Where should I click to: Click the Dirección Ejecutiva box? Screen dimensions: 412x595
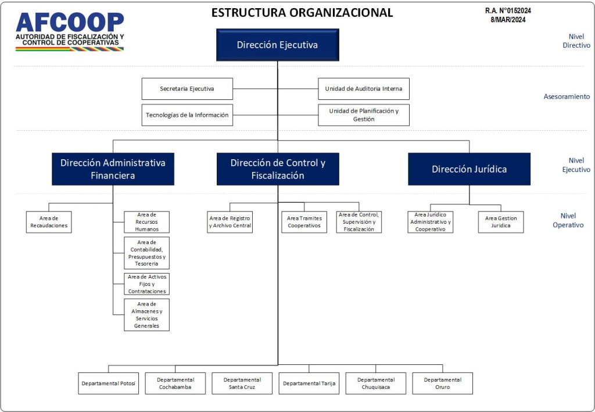277,45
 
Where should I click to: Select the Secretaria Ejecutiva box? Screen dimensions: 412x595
187,89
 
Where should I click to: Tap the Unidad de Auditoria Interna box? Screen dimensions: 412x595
364,89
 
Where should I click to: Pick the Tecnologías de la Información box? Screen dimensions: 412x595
187,115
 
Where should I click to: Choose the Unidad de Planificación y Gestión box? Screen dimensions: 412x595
364,115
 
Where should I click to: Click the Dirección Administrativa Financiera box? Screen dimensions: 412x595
113,169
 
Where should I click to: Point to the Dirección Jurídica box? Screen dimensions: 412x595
469,169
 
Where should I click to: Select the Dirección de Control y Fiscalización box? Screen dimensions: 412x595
278,169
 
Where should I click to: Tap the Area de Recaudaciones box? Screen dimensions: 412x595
49,222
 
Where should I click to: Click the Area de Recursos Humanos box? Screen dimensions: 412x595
146,222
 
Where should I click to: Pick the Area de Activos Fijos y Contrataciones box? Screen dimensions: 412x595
146,284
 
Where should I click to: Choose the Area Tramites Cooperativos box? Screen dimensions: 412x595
304,222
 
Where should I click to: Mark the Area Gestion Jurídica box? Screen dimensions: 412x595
501,222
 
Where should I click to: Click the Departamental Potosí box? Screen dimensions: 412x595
109,384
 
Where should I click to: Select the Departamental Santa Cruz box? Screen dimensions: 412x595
242,384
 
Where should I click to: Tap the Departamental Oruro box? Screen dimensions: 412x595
443,384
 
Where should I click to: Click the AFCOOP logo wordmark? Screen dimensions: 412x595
70,23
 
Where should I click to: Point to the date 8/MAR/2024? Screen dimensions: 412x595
508,20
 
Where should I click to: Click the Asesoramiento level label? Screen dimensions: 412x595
567,96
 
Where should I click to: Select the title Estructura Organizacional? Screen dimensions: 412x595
302,12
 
